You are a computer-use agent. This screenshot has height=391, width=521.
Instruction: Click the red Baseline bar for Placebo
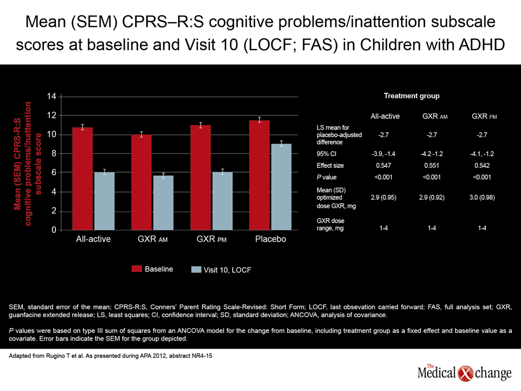(259, 175)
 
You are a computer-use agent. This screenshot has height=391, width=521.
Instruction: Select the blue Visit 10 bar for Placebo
(282, 187)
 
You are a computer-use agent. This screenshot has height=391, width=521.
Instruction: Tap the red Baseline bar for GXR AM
(141, 182)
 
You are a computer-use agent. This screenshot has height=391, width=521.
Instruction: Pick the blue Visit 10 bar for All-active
(104, 201)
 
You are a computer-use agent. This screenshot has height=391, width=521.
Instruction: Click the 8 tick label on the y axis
(54, 154)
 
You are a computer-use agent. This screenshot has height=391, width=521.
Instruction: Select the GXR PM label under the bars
(211, 239)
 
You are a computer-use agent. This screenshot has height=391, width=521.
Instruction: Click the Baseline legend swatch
(137, 269)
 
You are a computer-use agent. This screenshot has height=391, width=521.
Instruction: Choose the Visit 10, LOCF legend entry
(221, 270)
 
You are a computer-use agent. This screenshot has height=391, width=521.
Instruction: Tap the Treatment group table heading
(412, 96)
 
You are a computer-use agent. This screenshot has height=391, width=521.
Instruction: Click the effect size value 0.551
(431, 166)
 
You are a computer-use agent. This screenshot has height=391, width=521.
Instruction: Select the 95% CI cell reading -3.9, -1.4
(384, 154)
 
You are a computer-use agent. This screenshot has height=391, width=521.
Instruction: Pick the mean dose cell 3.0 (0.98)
(482, 198)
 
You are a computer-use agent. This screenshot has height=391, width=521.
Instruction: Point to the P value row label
(327, 177)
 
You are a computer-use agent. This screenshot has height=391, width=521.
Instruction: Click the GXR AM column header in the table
(435, 116)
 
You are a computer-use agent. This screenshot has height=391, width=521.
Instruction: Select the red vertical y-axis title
(28, 163)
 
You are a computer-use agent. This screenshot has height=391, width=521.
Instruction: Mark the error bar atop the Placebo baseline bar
(259, 119)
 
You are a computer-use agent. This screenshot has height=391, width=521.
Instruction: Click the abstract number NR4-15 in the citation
(202, 356)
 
